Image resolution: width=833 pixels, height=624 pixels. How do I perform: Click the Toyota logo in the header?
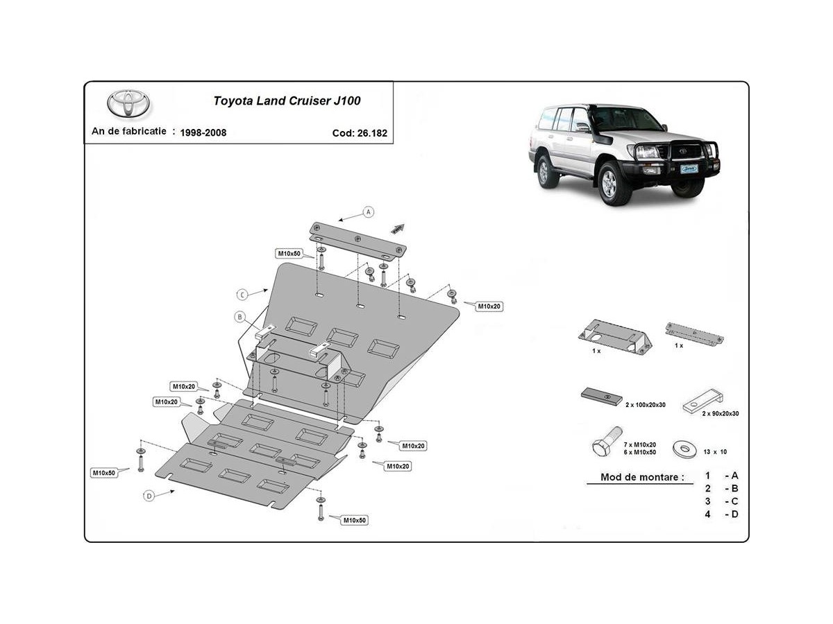click(128, 104)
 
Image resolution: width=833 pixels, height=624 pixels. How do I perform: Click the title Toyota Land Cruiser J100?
click(286, 101)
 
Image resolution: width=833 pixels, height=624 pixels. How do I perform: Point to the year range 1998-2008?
click(203, 132)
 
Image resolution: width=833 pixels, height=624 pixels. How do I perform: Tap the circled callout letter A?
click(369, 211)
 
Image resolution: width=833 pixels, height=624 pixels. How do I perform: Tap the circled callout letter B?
click(239, 317)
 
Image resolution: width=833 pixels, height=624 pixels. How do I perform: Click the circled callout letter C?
click(242, 294)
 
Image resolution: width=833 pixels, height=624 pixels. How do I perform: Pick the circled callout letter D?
click(149, 495)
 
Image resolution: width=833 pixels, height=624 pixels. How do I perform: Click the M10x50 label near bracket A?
click(288, 253)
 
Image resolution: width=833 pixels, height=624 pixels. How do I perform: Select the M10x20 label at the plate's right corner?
click(489, 306)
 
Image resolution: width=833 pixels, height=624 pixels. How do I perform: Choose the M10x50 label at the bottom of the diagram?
click(354, 520)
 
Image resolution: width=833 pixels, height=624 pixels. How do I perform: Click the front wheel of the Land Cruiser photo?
click(611, 184)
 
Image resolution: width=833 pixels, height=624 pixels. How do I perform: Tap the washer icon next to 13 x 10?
click(685, 449)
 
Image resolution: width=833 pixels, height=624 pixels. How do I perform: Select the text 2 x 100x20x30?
click(646, 404)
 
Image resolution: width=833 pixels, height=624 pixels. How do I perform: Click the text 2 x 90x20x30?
click(719, 413)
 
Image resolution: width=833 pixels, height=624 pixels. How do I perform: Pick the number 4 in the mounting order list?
click(707, 514)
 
